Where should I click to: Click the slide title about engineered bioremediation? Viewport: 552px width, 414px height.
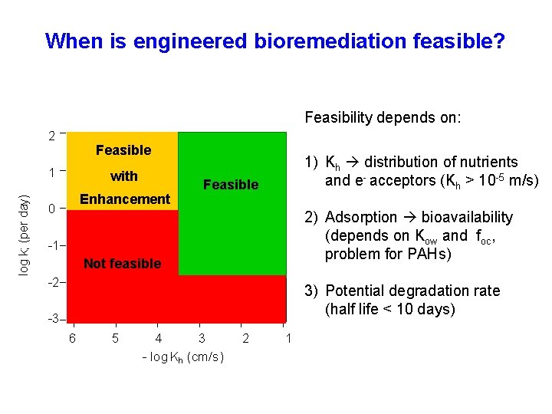pyautogui.click(x=275, y=41)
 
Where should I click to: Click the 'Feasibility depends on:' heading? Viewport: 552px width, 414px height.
pyautogui.click(x=383, y=118)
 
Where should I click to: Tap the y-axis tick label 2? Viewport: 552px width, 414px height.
pyautogui.click(x=51, y=136)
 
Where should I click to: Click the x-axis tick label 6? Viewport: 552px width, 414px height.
pyautogui.click(x=72, y=338)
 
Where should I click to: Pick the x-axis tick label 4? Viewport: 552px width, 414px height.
pyautogui.click(x=158, y=338)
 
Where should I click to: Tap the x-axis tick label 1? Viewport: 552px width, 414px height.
pyautogui.click(x=287, y=338)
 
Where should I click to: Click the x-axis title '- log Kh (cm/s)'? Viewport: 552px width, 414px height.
pyautogui.click(x=183, y=358)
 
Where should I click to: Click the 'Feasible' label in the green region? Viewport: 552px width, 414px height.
pyautogui.click(x=231, y=185)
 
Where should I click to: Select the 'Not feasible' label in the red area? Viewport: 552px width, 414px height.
pyautogui.click(x=122, y=264)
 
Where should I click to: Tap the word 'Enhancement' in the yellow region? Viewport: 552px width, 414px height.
pyautogui.click(x=125, y=199)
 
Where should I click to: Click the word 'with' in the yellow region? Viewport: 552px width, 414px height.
pyautogui.click(x=123, y=176)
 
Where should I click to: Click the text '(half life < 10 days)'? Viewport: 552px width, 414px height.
pyautogui.click(x=390, y=309)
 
